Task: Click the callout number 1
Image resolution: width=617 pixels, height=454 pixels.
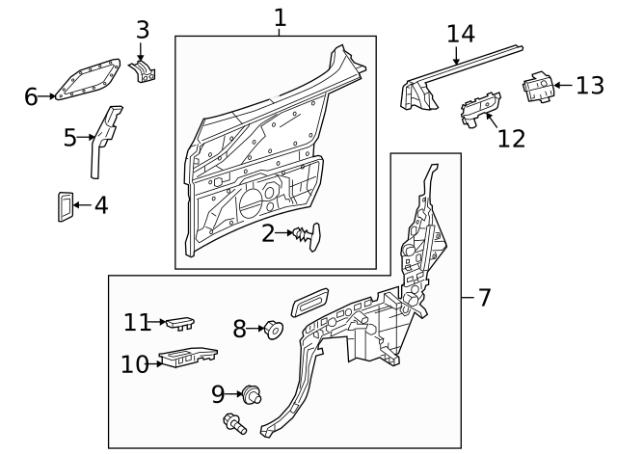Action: tap(280, 17)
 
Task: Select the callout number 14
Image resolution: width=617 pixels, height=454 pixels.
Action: tap(461, 34)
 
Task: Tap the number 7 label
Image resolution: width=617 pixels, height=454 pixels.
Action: tap(484, 298)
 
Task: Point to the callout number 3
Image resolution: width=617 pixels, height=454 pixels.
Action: tap(143, 30)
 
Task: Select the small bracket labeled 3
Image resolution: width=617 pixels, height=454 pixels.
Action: tap(144, 72)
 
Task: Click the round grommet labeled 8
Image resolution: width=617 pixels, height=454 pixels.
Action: tap(273, 331)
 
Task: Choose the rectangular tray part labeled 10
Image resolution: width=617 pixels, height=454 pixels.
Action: tap(187, 359)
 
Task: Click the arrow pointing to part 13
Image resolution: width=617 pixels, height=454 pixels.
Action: tap(564, 87)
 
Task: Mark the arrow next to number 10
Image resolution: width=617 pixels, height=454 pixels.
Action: tap(157, 364)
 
